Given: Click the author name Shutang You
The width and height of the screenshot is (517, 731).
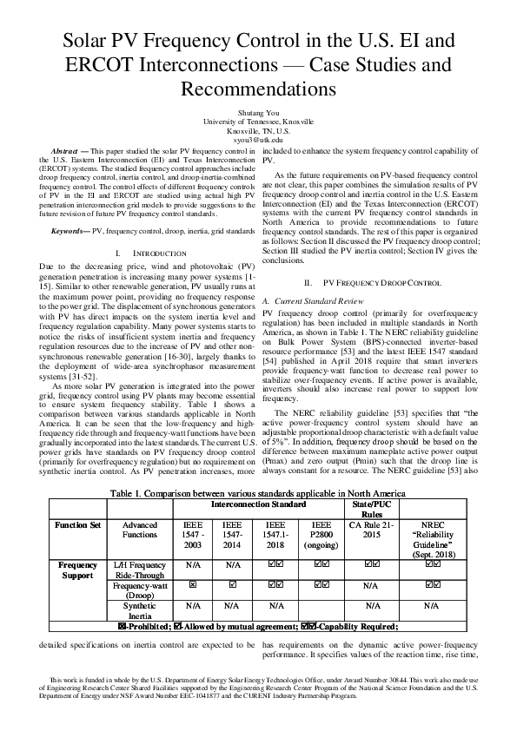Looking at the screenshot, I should tap(258, 112).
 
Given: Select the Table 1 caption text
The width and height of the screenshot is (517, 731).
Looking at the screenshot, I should tap(258, 491).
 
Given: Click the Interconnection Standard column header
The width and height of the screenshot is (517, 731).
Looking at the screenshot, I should tap(258, 503).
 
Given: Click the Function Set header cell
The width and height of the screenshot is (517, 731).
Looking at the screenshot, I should tap(76, 525).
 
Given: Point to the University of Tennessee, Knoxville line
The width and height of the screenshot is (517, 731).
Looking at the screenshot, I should tap(258, 122).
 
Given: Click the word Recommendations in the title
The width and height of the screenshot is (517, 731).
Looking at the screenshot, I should tap(258, 89).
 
